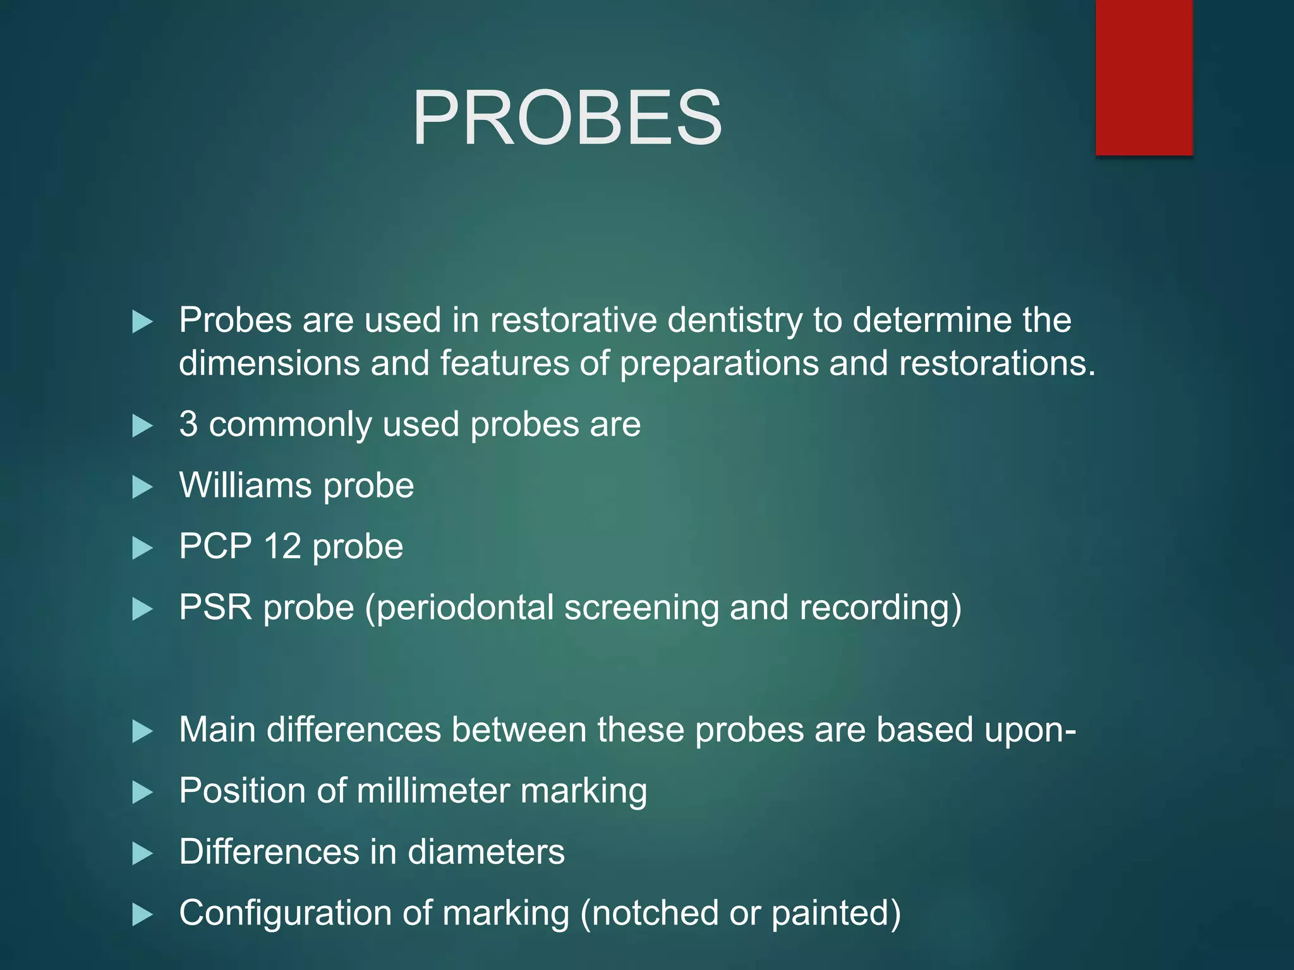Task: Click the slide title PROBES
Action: [x=567, y=118]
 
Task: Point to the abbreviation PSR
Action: [x=215, y=608]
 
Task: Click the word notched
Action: [x=654, y=913]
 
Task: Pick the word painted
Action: [x=835, y=913]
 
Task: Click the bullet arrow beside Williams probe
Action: [x=143, y=487]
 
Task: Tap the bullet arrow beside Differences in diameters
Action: [x=143, y=853]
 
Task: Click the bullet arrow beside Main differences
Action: [x=143, y=731]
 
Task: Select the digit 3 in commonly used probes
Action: [x=188, y=424]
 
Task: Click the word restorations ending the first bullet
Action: [x=996, y=364]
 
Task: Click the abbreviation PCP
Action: [x=215, y=546]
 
